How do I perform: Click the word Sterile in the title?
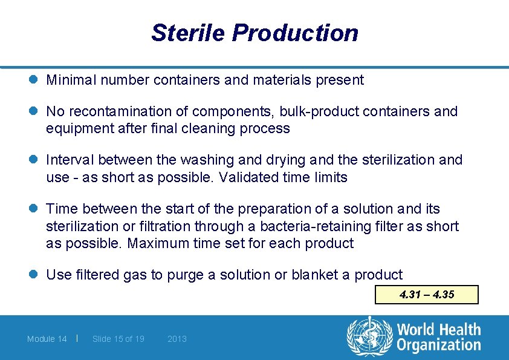pyautogui.click(x=188, y=33)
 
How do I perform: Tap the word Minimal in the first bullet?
pyautogui.click(x=71, y=80)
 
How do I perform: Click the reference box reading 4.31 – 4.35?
pyautogui.click(x=427, y=295)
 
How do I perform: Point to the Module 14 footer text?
pyautogui.click(x=47, y=339)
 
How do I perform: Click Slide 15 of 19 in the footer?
pyautogui.click(x=118, y=339)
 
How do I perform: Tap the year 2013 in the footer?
pyautogui.click(x=177, y=339)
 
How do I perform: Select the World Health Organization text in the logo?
pyautogui.click(x=438, y=338)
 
